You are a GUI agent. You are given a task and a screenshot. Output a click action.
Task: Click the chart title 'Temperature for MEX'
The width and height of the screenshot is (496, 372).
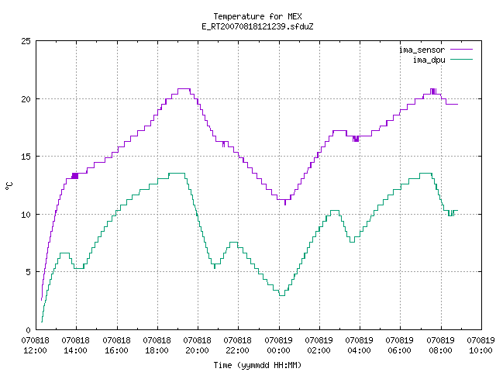[257, 16]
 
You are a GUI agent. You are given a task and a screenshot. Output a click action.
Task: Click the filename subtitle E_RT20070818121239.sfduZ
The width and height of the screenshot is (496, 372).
[257, 26]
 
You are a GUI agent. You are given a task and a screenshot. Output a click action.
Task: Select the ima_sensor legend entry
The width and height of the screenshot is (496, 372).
[436, 50]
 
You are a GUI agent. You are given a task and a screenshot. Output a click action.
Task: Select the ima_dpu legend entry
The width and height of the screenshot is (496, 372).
[443, 60]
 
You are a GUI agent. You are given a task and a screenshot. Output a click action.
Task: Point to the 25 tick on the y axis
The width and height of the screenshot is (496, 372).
[26, 41]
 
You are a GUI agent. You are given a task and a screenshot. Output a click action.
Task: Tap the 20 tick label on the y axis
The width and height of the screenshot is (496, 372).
[26, 99]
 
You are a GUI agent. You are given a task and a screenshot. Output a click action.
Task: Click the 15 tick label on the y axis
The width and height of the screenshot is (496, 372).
[26, 157]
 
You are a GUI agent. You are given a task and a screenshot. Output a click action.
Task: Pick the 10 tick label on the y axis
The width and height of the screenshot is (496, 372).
[26, 215]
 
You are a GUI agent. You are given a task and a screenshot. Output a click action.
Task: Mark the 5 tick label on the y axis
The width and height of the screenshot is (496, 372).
[28, 272]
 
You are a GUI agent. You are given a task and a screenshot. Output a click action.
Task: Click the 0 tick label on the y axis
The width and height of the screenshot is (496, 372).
[28, 330]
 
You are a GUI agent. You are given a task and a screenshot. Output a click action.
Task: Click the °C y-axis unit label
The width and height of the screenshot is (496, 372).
[9, 186]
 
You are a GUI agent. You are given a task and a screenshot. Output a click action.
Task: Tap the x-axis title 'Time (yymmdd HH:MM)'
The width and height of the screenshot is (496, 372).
[257, 365]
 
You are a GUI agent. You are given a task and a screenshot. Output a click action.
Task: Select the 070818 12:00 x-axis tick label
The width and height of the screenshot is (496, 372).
[35, 346]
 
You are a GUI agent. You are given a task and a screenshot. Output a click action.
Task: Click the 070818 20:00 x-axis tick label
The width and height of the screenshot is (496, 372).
[197, 346]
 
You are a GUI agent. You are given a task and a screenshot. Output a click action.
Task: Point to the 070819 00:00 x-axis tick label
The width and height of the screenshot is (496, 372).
[278, 346]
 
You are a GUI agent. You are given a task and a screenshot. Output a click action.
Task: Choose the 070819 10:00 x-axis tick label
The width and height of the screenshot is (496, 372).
[480, 346]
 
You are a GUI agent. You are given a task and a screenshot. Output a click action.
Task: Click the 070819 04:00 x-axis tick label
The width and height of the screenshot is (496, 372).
[359, 346]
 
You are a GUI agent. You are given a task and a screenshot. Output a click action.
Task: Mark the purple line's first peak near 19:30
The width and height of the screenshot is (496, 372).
[184, 89]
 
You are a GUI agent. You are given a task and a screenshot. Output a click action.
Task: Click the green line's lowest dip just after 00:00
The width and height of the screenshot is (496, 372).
[282, 295]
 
